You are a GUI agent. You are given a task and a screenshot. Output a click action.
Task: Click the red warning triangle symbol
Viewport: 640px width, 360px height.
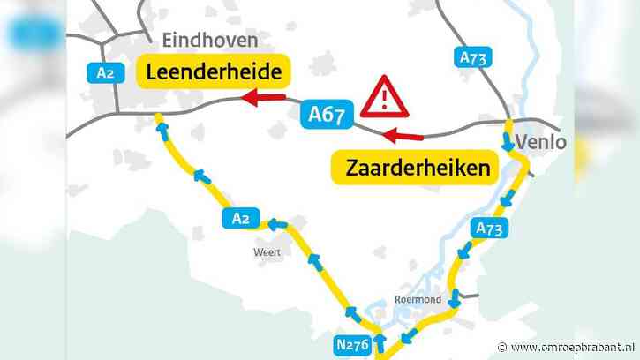click(x=388, y=97)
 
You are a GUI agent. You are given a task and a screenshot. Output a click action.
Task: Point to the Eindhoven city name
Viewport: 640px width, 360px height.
click(x=210, y=41)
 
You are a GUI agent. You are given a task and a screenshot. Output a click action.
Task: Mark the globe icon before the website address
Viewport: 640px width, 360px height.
click(x=503, y=346)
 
